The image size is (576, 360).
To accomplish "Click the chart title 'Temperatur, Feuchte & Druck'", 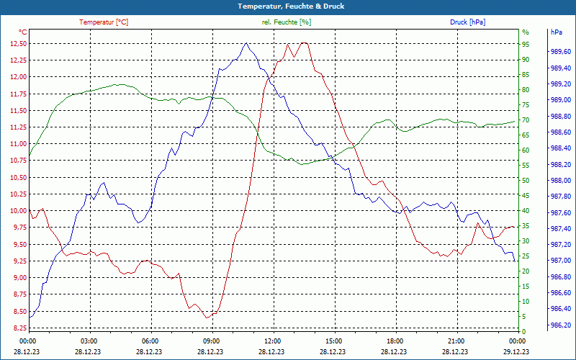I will click(x=288, y=6).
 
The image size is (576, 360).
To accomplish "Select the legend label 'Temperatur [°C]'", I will click(x=104, y=22).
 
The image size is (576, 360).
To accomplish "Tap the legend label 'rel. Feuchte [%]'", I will click(x=287, y=22).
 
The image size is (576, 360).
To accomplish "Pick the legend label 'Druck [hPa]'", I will click(x=467, y=22).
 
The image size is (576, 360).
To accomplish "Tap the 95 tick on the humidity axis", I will click(x=526, y=44).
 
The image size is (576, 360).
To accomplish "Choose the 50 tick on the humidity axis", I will click(x=526, y=181).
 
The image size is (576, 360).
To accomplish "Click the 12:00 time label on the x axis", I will click(x=273, y=341).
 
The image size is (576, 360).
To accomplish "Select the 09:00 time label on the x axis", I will click(x=212, y=341).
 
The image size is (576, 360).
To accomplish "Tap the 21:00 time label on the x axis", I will click(x=456, y=341).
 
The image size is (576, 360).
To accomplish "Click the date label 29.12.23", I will click(x=517, y=351).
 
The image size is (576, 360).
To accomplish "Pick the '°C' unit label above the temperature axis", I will click(x=23, y=32).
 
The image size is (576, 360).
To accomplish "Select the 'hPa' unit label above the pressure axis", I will click(x=557, y=32).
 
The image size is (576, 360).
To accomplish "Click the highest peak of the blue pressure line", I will click(x=246, y=43).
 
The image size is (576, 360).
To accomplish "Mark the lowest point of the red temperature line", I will click(x=207, y=318).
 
